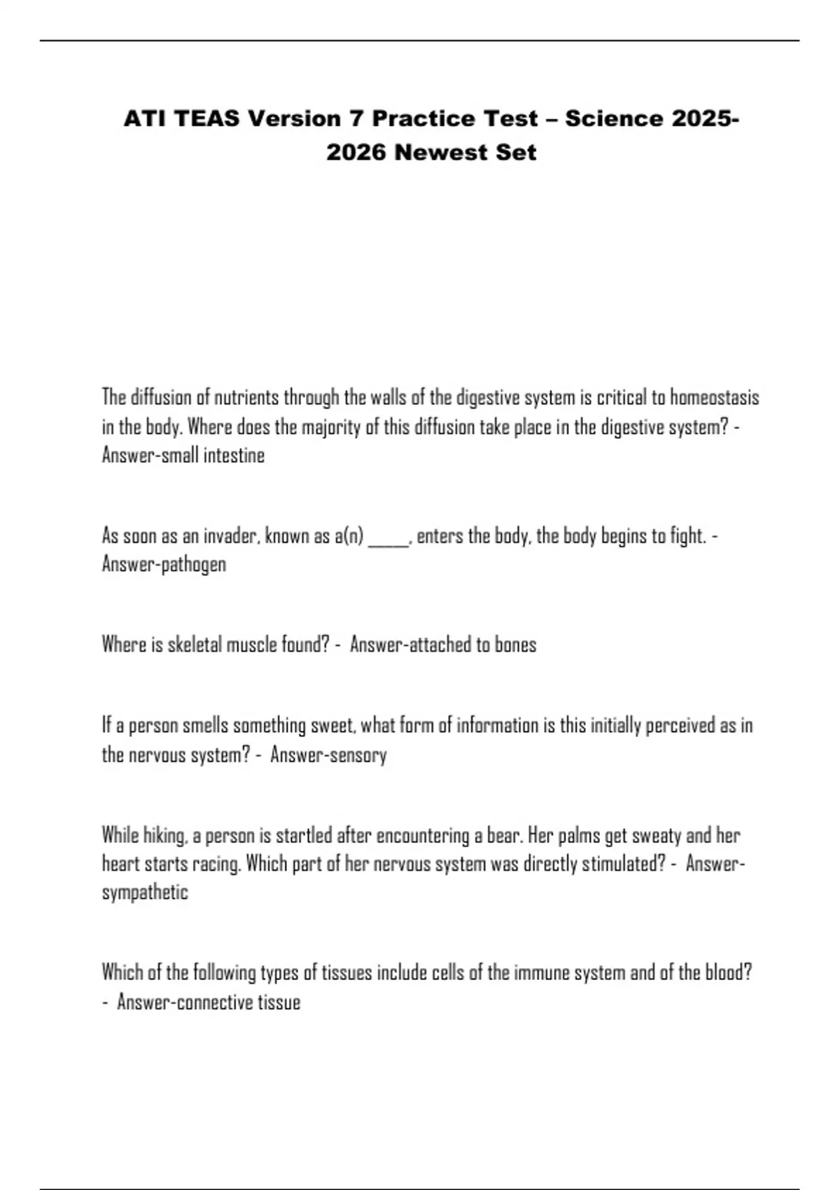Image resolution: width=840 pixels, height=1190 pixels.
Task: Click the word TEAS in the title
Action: pos(206,119)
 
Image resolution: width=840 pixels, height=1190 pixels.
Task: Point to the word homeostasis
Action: pos(714,398)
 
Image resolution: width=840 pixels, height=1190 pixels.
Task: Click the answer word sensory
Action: pos(358,755)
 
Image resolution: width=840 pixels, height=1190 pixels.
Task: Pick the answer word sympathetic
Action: pos(145,892)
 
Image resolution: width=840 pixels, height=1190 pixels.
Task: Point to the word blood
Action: pos(728,973)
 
